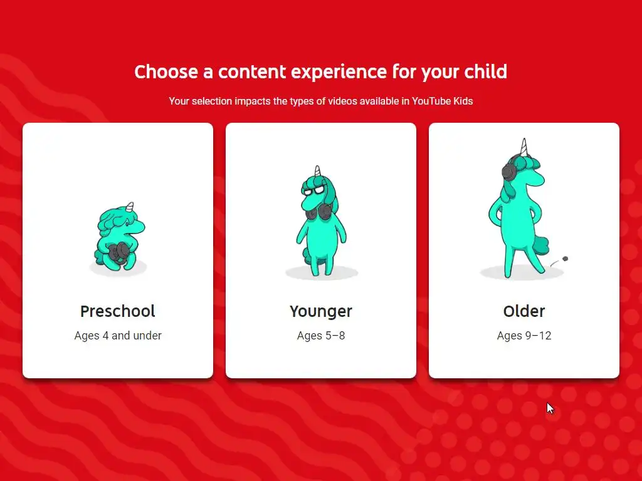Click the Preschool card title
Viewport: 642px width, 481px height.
tap(117, 311)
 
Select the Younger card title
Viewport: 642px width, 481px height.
tap(321, 312)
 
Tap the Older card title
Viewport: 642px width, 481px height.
tap(524, 311)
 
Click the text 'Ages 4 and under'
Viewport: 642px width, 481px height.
tap(118, 336)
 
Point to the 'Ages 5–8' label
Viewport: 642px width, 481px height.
tap(321, 336)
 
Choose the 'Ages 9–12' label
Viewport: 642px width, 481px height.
tap(524, 336)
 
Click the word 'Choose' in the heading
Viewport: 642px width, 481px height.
tap(166, 72)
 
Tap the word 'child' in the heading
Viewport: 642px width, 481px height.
tap(486, 71)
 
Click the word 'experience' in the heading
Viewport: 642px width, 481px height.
tap(339, 73)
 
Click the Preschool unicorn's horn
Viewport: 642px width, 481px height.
tap(130, 207)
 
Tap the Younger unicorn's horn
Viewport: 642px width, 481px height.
tap(317, 170)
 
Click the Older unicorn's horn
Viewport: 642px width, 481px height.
tap(524, 147)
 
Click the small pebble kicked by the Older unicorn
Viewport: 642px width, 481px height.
tap(566, 259)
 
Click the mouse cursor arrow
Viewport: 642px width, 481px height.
tap(550, 408)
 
